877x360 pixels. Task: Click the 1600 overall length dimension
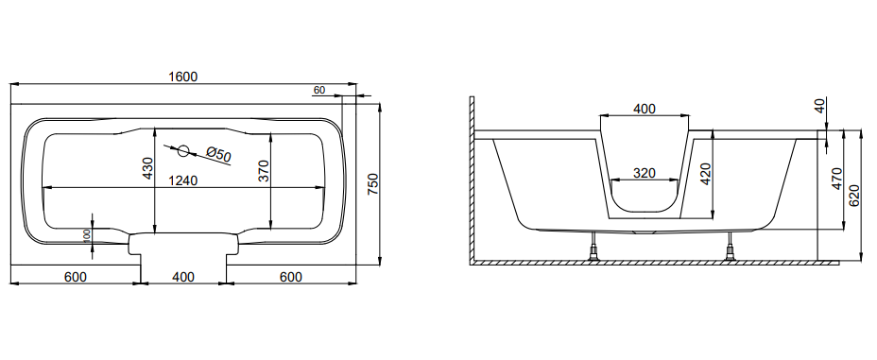[183, 77]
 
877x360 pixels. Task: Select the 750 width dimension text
[373, 184]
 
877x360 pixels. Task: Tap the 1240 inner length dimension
[183, 180]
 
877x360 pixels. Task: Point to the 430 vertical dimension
[147, 168]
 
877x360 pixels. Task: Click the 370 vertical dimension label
[265, 171]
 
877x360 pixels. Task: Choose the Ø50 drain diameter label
[218, 154]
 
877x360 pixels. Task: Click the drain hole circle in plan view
[183, 150]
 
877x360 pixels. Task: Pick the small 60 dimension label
[319, 90]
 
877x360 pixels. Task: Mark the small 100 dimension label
[87, 235]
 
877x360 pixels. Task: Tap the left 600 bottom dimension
[76, 277]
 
